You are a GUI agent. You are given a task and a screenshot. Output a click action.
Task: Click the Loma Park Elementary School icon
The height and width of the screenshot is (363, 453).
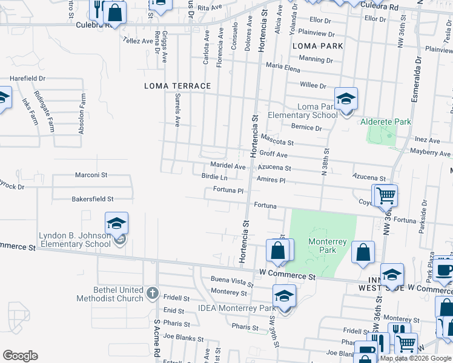(346, 99)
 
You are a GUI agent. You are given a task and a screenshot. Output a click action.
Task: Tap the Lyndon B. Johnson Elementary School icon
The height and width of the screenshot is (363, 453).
(116, 223)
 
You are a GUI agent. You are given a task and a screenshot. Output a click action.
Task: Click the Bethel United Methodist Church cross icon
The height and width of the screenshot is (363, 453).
(151, 294)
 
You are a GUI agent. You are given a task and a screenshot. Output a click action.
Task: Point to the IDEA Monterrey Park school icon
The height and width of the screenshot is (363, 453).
(283, 296)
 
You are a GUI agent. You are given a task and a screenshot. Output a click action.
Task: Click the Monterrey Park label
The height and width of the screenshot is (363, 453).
(327, 246)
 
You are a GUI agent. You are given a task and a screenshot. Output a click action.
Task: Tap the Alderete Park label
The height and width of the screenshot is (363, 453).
(386, 122)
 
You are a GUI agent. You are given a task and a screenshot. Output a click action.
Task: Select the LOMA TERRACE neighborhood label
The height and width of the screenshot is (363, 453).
(177, 86)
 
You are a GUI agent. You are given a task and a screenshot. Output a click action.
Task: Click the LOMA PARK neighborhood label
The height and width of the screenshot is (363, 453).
(317, 46)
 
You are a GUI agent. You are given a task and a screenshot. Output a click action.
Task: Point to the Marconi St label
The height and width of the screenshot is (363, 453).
(91, 175)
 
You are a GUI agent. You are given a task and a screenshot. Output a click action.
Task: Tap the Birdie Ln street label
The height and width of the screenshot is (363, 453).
(214, 177)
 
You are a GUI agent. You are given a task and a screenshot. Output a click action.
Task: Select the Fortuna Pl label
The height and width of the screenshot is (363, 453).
(228, 190)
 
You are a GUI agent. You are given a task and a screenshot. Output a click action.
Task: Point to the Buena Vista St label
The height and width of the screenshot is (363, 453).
(231, 281)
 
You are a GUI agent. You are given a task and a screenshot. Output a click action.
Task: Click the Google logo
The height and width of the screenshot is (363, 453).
(20, 356)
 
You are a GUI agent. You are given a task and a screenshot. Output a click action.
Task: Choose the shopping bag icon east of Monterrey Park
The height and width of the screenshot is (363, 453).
(363, 253)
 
